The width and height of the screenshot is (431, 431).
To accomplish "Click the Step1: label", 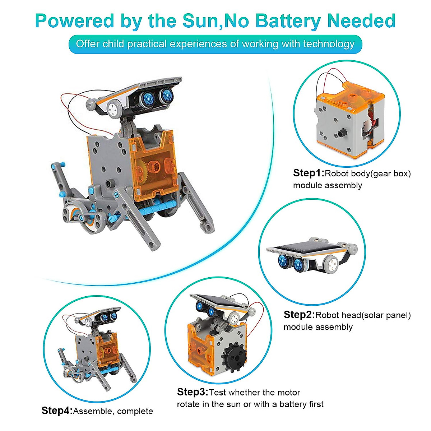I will (309, 173).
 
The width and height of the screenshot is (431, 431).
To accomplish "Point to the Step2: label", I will (299, 315).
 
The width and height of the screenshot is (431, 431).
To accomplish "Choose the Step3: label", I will (193, 392).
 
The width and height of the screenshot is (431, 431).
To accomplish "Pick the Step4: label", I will (57, 411).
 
